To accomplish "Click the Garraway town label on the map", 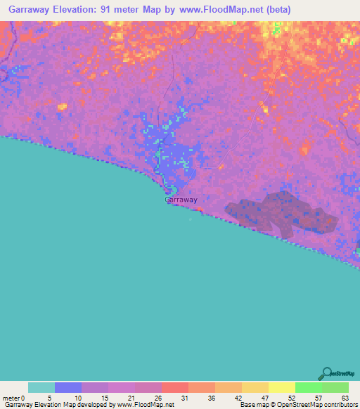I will coord(181,200).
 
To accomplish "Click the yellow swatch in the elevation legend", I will coord(282,387).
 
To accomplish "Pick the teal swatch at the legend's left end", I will coord(41,387).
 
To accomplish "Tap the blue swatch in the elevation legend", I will coord(68,387).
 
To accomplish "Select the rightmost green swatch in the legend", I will coord(335,387).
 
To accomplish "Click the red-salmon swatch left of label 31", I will coord(175,387).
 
